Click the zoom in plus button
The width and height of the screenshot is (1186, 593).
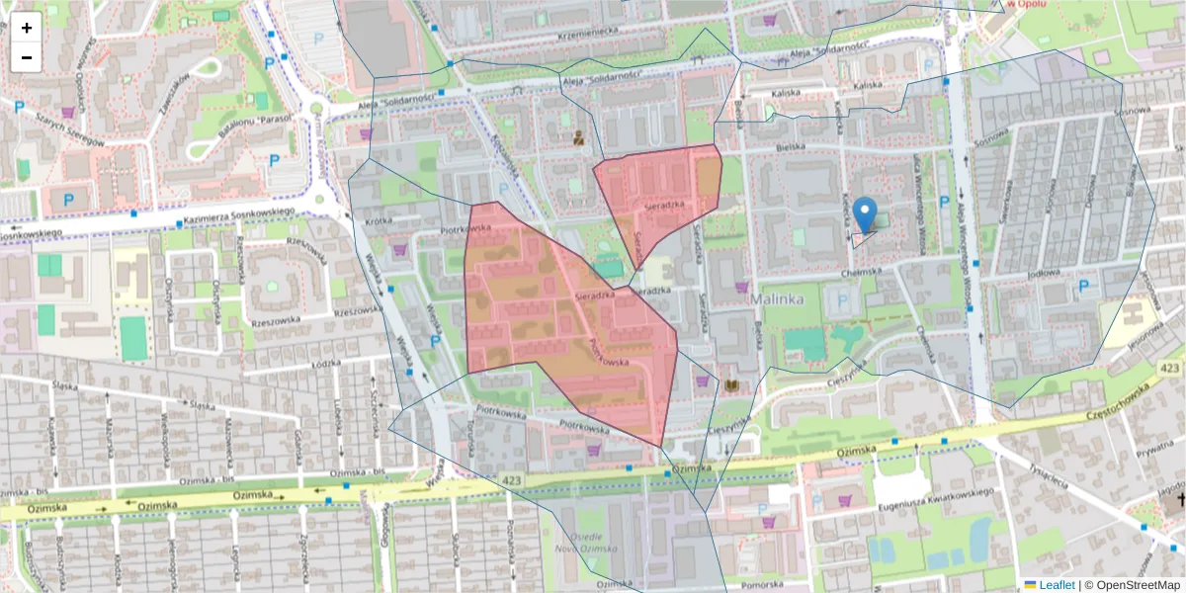click(27, 28)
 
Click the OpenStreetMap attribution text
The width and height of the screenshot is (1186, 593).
click(1132, 585)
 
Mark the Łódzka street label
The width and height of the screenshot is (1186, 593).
click(325, 364)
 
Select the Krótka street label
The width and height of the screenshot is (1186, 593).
click(380, 222)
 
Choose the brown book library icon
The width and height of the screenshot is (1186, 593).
click(732, 383)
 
